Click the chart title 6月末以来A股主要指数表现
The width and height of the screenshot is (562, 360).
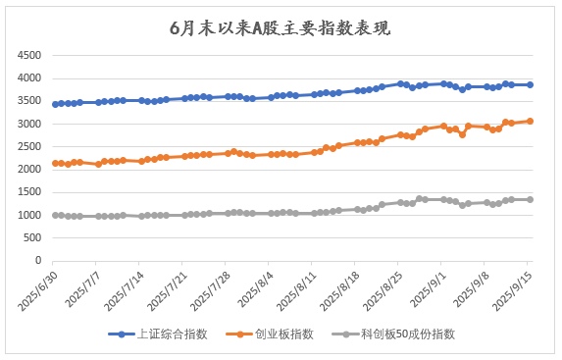[280, 28]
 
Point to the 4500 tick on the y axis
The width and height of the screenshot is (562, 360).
[28, 55]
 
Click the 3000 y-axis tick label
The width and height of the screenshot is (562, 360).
[28, 125]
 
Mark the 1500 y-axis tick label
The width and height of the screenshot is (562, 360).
[28, 193]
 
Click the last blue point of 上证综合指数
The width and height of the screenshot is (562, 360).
[531, 84]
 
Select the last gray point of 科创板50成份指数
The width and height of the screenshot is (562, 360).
[531, 199]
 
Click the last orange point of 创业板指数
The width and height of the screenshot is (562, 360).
[531, 121]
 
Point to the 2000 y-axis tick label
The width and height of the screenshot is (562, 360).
[28, 171]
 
